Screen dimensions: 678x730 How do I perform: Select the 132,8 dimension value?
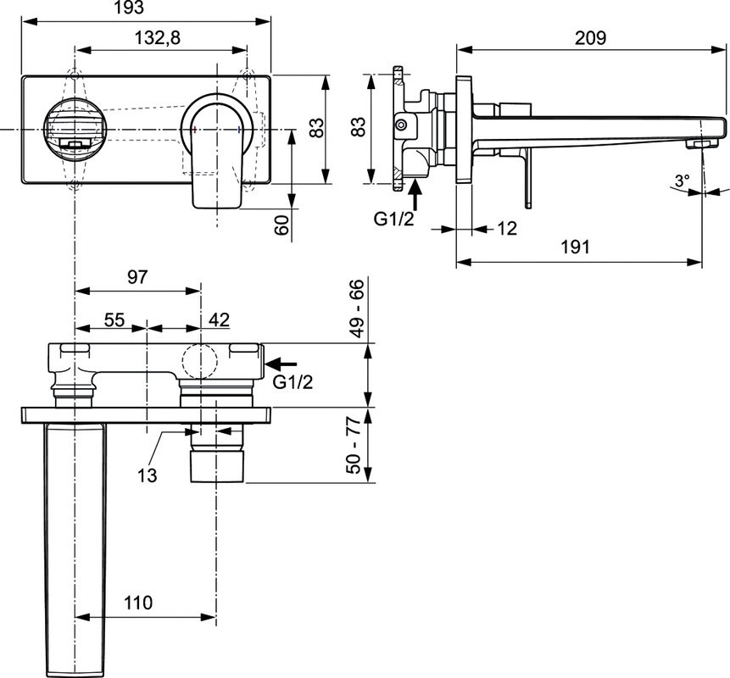(159, 39)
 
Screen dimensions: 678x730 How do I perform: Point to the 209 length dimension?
(590, 37)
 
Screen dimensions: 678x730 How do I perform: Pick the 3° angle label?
(682, 180)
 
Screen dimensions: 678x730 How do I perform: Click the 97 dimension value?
(138, 276)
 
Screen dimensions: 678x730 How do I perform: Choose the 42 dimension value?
(219, 320)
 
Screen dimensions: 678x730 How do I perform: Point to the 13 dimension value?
(148, 475)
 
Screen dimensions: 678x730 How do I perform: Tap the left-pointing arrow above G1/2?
(281, 364)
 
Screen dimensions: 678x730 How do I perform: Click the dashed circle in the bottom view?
(201, 362)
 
